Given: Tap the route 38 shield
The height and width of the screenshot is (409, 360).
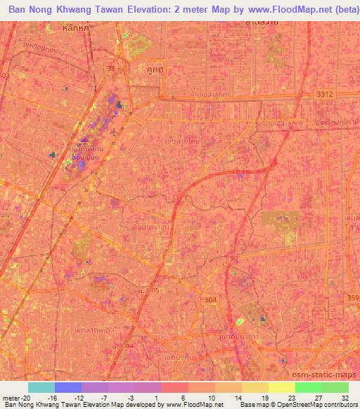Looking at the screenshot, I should click(x=111, y=69).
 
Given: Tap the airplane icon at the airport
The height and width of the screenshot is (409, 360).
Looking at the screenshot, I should click(x=115, y=131).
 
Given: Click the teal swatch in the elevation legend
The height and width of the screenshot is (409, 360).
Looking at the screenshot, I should click(x=41, y=387).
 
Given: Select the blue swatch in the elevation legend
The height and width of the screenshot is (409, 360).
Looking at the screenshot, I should click(x=68, y=387).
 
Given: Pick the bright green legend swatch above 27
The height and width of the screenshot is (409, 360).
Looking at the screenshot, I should click(x=309, y=387).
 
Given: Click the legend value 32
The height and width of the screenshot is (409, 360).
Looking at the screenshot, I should click(x=344, y=398).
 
